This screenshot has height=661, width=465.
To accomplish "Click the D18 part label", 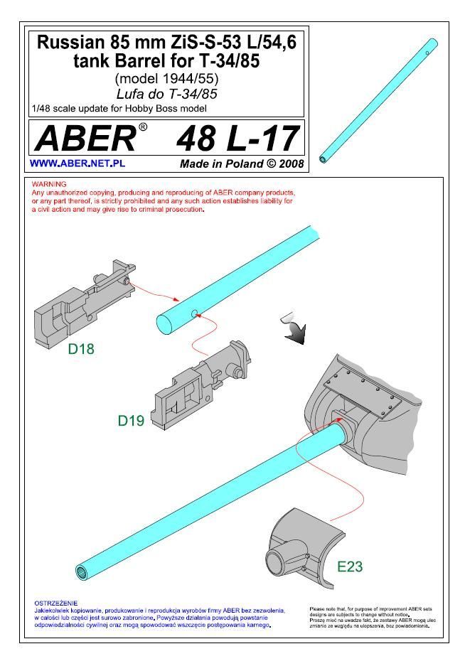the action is click(x=81, y=349).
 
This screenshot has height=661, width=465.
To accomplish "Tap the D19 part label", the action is click(x=131, y=420).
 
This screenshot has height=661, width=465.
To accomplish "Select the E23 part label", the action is click(x=350, y=566).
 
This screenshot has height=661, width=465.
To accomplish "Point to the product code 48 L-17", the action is click(x=237, y=139).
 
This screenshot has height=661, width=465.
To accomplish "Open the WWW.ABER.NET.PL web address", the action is click(x=77, y=163).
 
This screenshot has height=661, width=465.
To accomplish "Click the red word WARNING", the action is click(x=49, y=184).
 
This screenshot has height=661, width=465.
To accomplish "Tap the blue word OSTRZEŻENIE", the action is click(x=55, y=603).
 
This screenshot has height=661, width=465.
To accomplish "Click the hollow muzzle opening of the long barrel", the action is click(x=81, y=571).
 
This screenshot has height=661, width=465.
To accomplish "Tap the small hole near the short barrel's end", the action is click(x=194, y=313).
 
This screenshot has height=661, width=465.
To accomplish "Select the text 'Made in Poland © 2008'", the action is click(x=242, y=163).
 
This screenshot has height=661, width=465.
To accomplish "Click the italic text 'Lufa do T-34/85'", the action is click(x=166, y=94).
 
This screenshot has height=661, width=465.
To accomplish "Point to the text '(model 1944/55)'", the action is click(x=166, y=78).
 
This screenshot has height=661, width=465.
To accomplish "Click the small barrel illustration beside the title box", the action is click(x=378, y=101).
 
